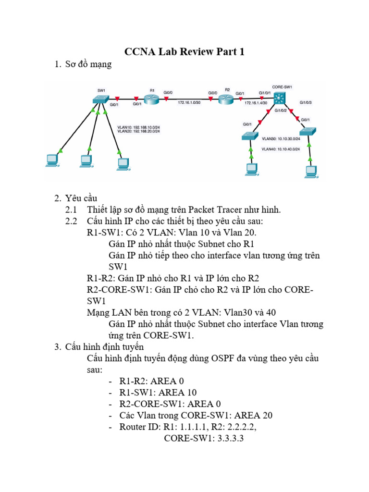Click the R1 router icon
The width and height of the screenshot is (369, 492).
(152, 98)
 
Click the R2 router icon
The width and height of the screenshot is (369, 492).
(225, 99)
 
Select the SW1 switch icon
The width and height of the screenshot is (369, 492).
(102, 98)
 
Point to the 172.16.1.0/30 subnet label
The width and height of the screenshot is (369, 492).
(189, 103)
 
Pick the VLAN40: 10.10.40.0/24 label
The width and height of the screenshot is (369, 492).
(281, 149)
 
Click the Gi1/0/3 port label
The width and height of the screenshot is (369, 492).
(306, 102)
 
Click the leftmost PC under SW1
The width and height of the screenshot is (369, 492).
(51, 160)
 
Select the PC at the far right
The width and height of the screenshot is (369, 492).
(312, 172)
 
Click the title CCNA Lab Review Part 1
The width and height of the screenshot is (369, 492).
(184, 52)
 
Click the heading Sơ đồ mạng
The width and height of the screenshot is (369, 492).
(88, 64)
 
